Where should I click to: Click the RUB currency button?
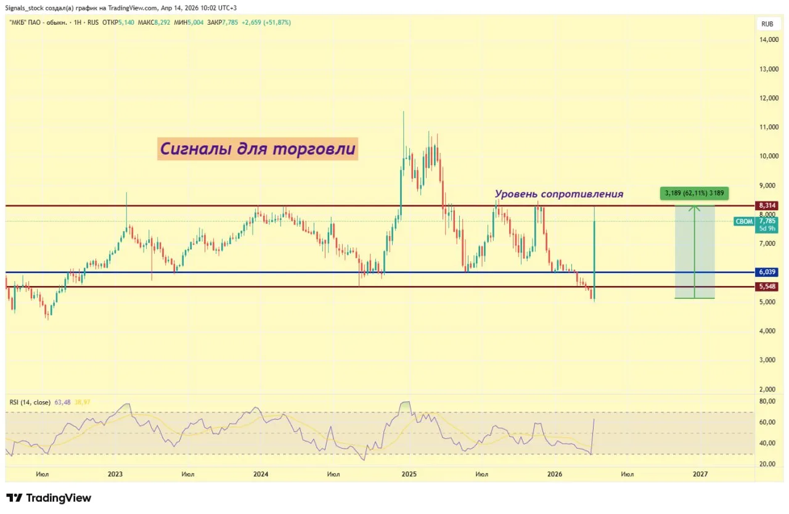(767, 24)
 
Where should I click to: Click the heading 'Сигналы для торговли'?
(257, 149)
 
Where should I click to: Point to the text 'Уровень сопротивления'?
(559, 194)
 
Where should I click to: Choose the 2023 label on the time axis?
(115, 474)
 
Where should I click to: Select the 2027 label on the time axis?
(700, 474)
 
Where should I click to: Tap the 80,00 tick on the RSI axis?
(766, 401)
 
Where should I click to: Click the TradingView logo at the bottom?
(49, 498)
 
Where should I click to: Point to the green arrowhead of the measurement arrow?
(695, 208)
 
